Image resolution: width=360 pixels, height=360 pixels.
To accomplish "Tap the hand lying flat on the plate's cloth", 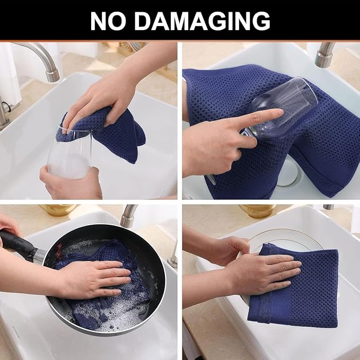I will pos(265,270).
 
